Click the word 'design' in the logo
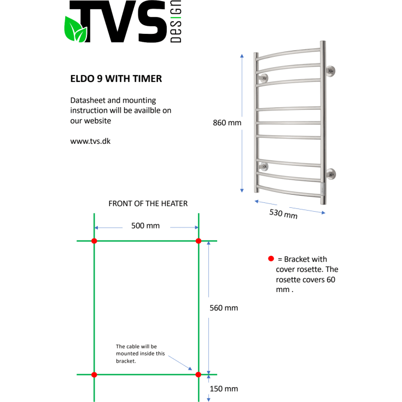[176, 24]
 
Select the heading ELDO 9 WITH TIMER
[116, 79]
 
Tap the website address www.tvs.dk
[91, 141]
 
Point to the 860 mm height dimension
[226, 123]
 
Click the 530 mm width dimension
[283, 213]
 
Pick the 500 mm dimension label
[145, 225]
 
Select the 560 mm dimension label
[224, 308]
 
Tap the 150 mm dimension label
[224, 389]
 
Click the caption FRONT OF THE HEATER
[148, 203]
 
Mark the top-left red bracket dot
[94, 241]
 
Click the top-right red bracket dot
[199, 241]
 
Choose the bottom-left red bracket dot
[94, 375]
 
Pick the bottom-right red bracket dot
[199, 375]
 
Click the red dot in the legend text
[270, 259]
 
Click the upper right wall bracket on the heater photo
[330, 71]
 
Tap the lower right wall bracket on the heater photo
[331, 174]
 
